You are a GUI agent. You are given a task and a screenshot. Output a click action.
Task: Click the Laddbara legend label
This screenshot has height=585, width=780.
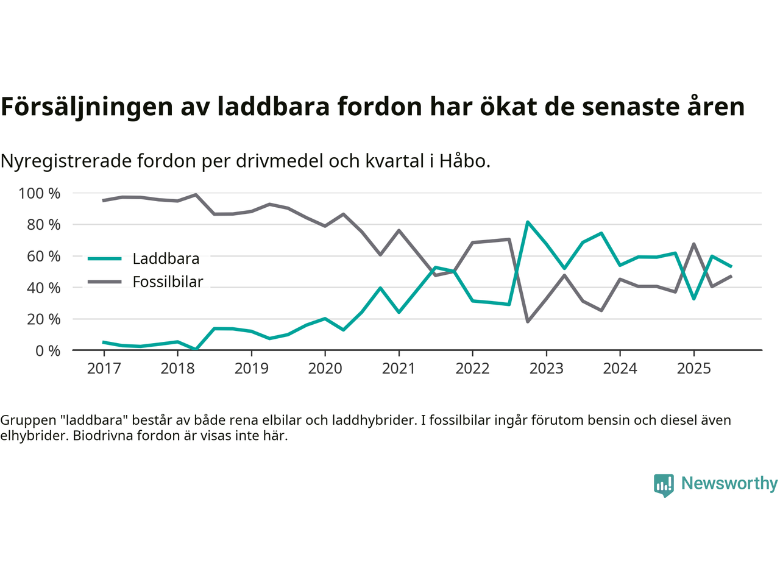coord(166,259)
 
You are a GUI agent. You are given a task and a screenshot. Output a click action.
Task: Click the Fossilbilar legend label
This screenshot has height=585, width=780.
coord(168,282)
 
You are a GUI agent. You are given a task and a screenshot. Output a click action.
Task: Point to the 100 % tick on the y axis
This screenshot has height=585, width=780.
coord(40,194)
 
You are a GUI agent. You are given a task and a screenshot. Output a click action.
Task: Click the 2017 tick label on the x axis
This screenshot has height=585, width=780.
coord(104,369)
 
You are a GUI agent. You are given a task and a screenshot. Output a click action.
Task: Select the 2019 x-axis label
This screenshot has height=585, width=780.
coord(251,369)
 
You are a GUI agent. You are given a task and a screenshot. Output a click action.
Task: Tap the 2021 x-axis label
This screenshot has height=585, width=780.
coord(399,369)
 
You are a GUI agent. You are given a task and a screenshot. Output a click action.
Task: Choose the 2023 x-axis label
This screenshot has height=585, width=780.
coord(546,369)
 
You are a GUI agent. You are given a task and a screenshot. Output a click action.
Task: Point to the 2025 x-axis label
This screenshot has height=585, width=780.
coord(693,369)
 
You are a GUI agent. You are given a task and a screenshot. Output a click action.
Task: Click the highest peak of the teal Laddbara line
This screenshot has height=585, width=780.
coord(528,222)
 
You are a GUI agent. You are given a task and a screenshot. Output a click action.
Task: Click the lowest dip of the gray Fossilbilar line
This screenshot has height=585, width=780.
coord(528,321)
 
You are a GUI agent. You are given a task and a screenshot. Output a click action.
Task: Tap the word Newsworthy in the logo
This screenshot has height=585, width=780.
coord(729,483)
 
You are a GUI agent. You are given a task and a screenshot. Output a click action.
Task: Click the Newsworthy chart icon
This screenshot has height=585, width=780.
coord(664,485)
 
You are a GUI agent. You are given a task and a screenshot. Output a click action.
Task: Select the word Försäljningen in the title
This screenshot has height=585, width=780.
coord(87,107)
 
